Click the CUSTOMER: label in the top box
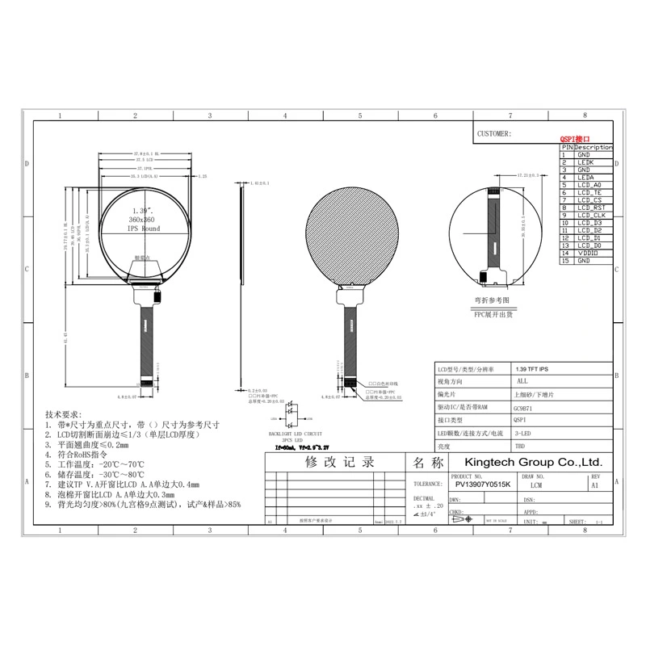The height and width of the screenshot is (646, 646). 494,134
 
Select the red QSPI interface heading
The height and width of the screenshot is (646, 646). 575,140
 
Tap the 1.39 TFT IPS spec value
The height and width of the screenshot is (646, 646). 531,367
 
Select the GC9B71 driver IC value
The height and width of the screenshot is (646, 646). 522,409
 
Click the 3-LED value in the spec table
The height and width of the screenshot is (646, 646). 522,434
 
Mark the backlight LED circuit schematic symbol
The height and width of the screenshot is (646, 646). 289,413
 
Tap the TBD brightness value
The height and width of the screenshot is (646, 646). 518,446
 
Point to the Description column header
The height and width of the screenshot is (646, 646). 594,148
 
